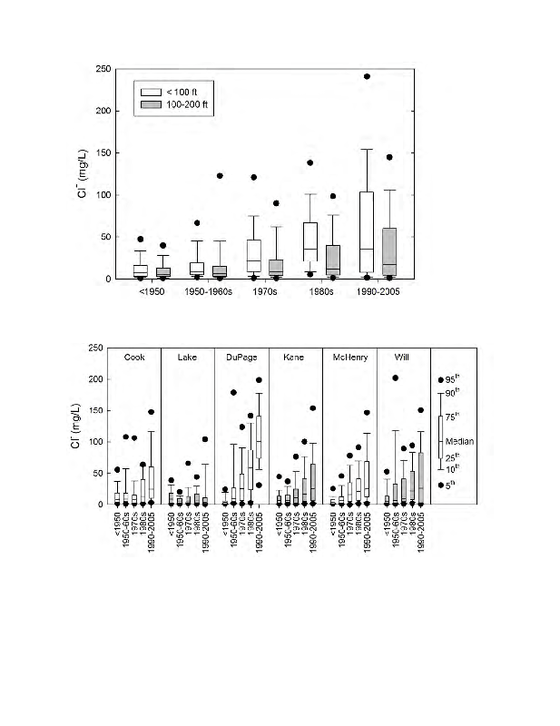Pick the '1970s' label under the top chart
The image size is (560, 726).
pos(265,293)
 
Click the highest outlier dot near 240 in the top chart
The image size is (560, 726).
pos(367,77)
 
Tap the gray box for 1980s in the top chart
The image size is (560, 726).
pos(332,260)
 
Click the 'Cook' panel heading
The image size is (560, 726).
pos(134,358)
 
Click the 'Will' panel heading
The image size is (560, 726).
pos(395,358)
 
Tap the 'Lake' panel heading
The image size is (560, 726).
pos(188,358)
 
